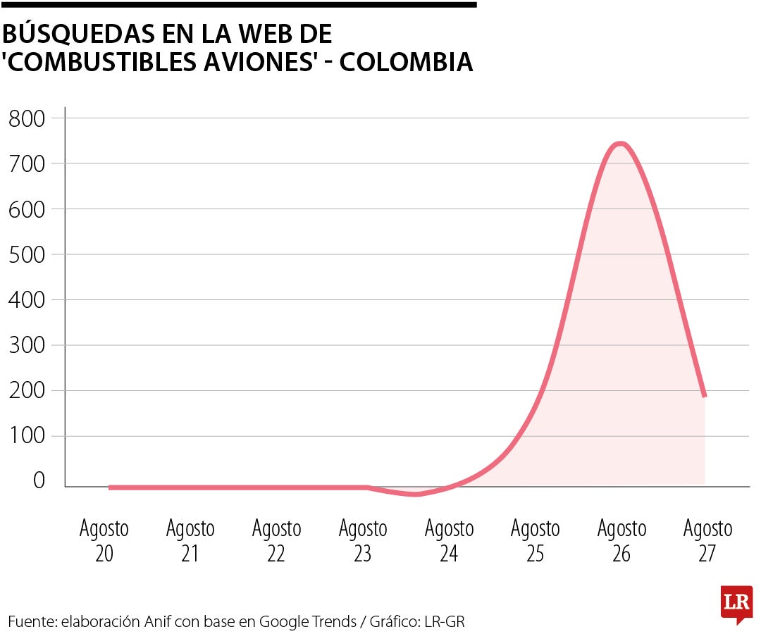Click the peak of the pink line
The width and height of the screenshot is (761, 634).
[620, 144]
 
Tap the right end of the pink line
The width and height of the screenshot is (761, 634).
[704, 397]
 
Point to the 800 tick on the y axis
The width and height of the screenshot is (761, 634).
[27, 118]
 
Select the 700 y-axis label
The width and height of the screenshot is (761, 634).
[27, 163]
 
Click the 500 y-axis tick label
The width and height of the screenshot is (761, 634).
[27, 254]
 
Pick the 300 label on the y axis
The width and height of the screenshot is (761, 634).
[27, 345]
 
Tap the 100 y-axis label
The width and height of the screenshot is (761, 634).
[27, 436]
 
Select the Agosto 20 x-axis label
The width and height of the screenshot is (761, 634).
[104, 541]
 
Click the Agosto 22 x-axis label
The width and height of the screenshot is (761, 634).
[276, 541]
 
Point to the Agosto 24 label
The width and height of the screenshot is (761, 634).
[449, 541]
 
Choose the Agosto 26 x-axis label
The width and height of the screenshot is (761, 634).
[621, 541]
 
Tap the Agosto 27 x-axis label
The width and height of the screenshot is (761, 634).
[707, 541]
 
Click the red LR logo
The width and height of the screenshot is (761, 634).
[736, 604]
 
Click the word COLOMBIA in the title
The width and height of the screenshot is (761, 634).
[407, 63]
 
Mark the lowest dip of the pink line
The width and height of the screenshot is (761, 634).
[416, 494]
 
